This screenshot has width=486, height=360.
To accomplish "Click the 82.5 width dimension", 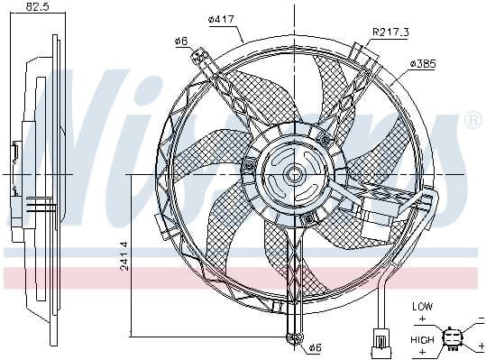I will pyautogui.click(x=36, y=7).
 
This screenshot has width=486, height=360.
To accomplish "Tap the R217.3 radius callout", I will pyautogui.click(x=390, y=32).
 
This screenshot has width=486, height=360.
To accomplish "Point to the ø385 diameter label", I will pyautogui.click(x=424, y=64).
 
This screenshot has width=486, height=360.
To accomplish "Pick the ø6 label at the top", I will pyautogui.click(x=179, y=41).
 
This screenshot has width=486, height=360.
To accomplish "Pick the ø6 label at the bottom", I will pyautogui.click(x=315, y=346).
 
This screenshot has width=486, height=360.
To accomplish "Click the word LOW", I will pyautogui.click(x=422, y=307).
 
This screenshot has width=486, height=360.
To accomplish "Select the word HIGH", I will pyautogui.click(x=422, y=339).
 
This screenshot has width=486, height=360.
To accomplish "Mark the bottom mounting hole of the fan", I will pyautogui.click(x=291, y=338).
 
